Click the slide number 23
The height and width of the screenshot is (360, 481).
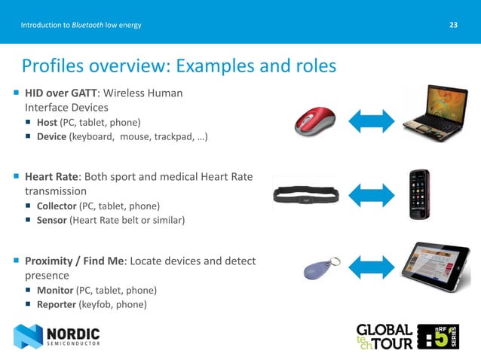(453, 26)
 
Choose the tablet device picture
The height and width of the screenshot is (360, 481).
(435, 267)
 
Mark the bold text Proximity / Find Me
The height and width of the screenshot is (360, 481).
(76, 261)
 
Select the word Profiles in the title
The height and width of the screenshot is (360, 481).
(51, 66)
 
